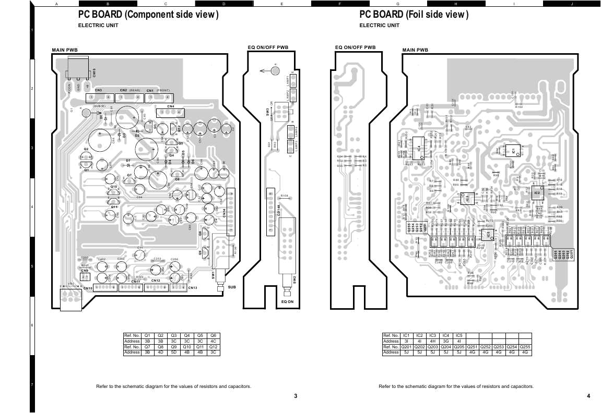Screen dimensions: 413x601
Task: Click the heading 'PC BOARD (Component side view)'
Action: (148, 15)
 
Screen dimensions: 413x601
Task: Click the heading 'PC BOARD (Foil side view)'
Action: (414, 15)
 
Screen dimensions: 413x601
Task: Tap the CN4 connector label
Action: (170, 106)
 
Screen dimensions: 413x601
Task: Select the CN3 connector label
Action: (98, 90)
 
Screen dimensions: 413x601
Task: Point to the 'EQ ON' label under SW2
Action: (287, 302)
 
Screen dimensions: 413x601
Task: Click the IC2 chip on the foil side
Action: (537, 193)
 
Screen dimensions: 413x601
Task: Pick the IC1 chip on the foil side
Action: (513, 151)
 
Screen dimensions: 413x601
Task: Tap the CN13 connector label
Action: (192, 288)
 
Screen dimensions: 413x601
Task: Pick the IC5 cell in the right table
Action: (458, 335)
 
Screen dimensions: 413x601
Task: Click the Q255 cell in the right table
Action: (525, 347)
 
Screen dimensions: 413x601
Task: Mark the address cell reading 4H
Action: (432, 341)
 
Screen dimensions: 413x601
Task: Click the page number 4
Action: (588, 396)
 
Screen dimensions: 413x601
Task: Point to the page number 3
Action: (296, 396)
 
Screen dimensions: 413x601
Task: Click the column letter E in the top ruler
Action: (282, 4)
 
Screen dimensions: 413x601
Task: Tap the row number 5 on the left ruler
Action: (32, 267)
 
